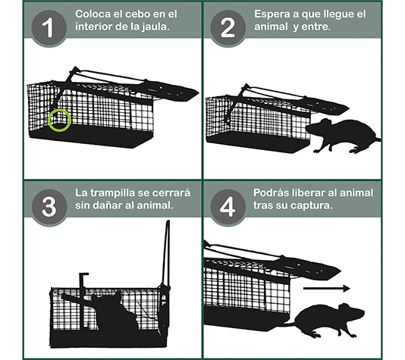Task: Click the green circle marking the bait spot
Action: [x=58, y=119]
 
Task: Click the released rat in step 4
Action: [x=326, y=318]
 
